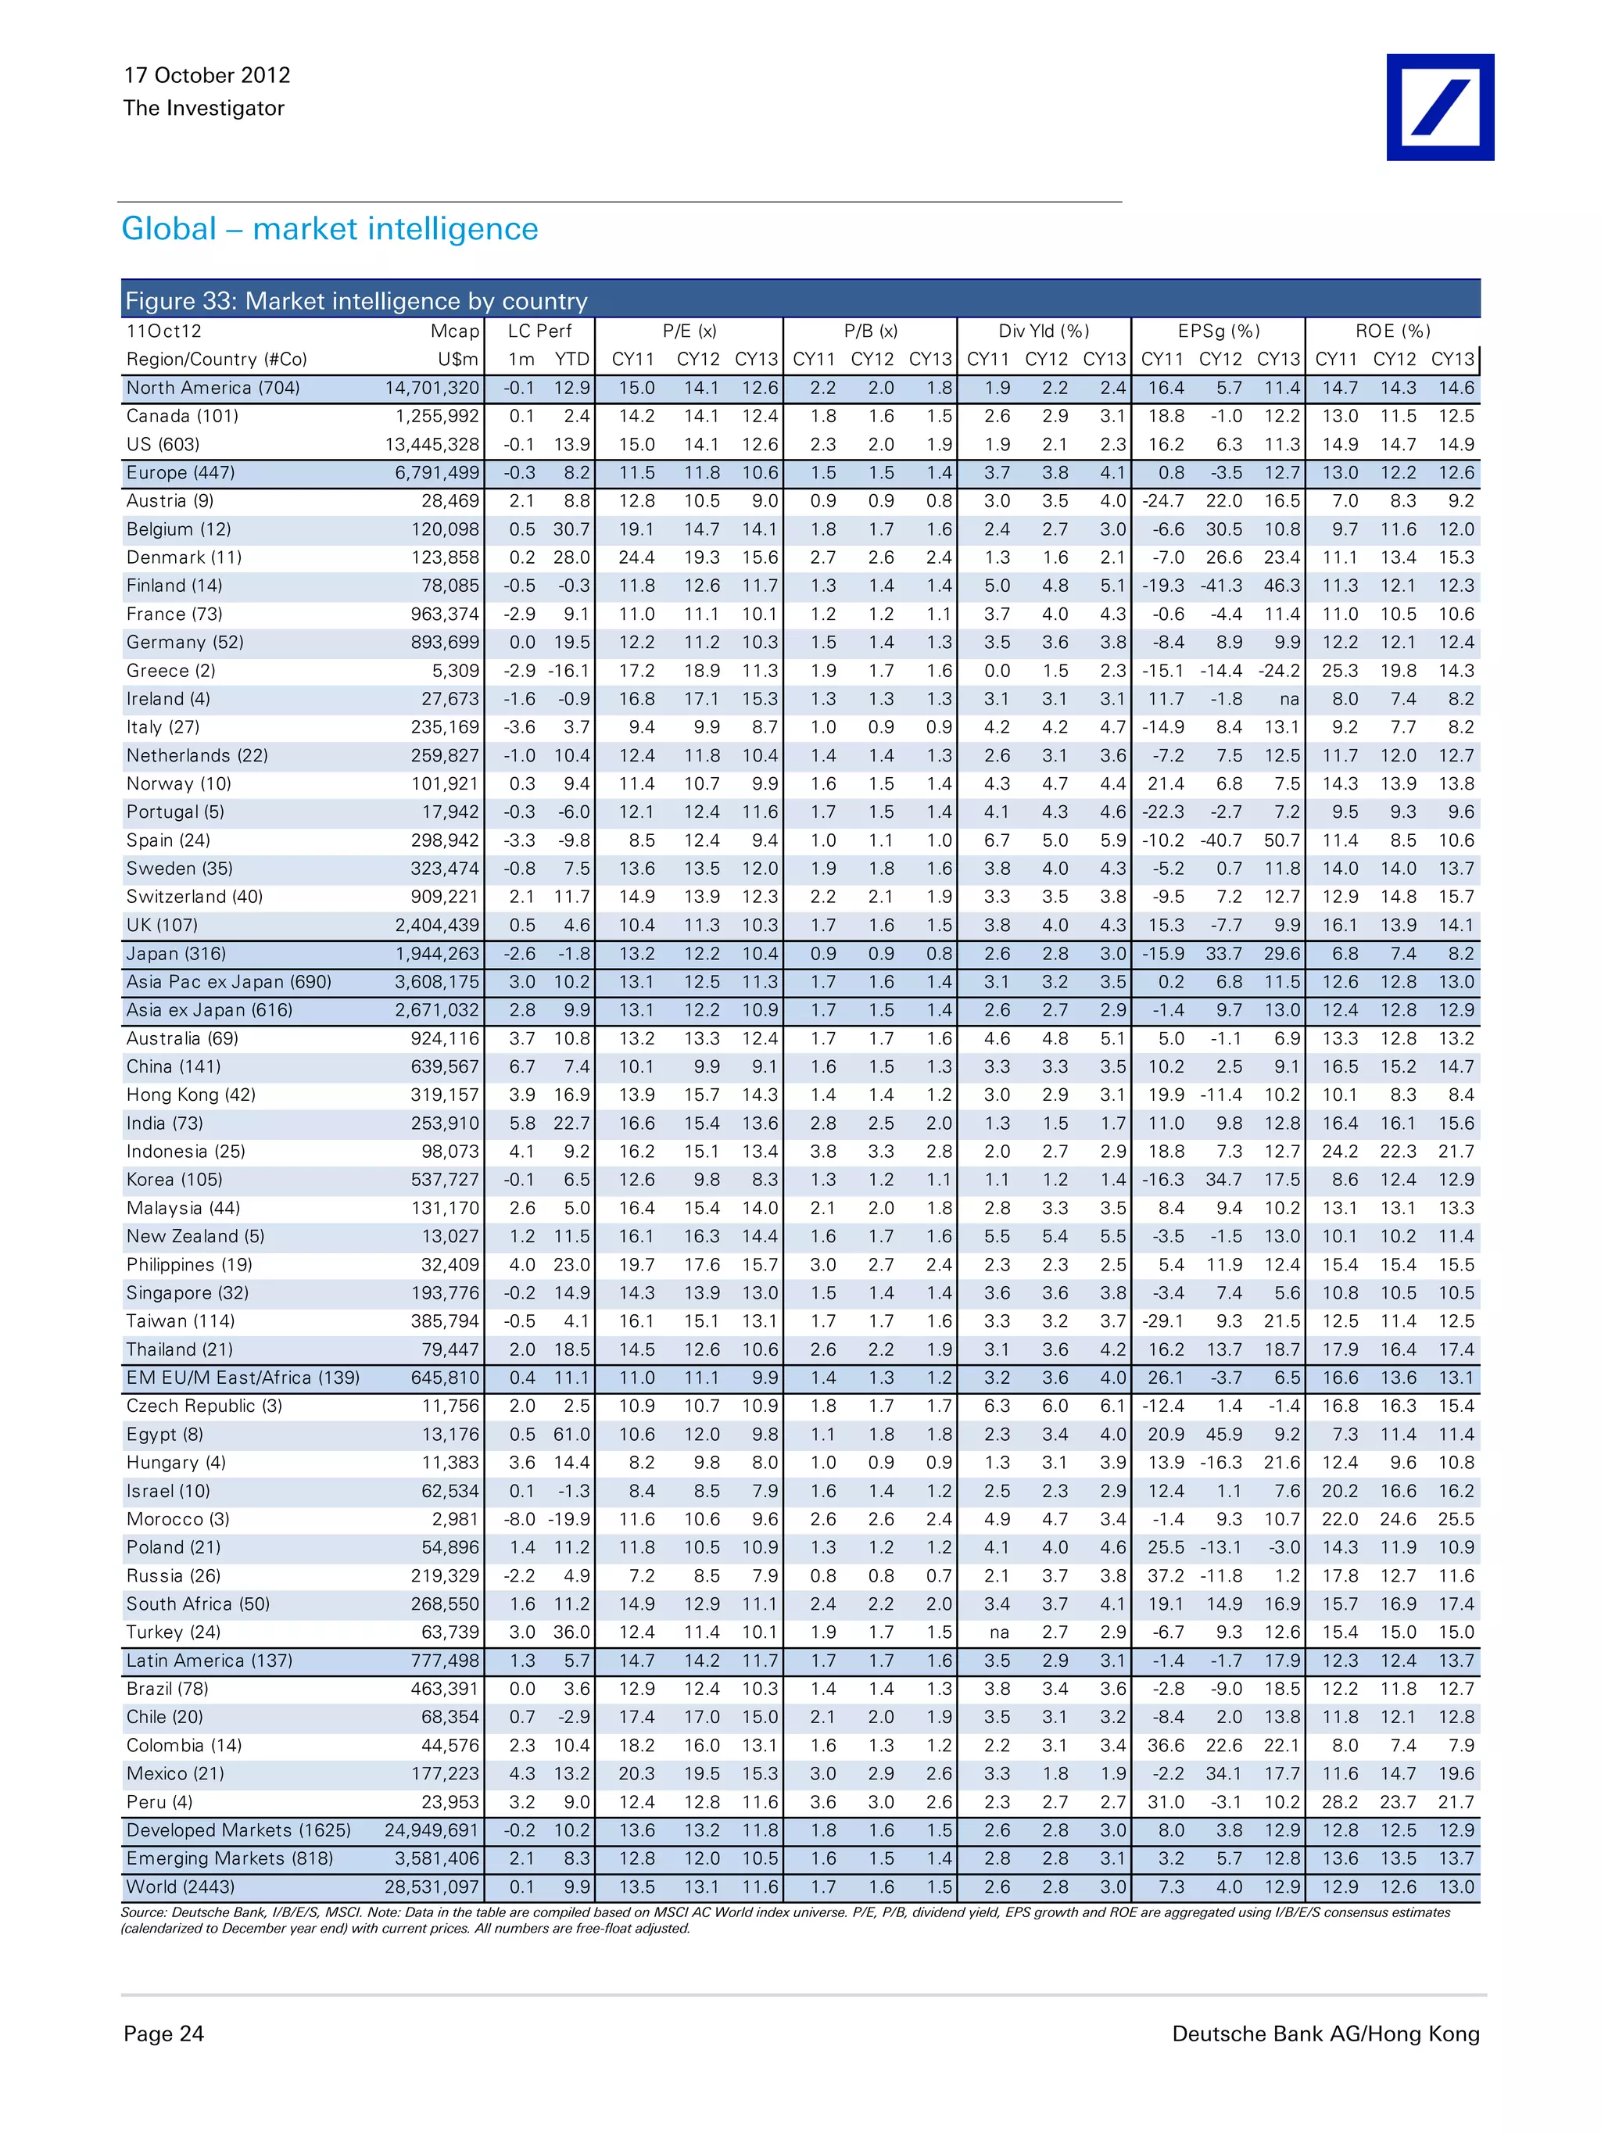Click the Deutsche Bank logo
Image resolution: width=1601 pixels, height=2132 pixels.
coord(1439,107)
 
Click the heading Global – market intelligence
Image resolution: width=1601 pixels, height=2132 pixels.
coord(330,228)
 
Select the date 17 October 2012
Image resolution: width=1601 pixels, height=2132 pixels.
coord(206,75)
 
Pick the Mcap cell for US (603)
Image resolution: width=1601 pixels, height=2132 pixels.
coord(431,444)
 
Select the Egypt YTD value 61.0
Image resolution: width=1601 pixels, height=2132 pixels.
coord(571,1434)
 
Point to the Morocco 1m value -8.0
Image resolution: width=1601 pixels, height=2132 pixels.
coord(521,1519)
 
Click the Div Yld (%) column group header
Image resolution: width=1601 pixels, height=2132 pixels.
coord(1043,331)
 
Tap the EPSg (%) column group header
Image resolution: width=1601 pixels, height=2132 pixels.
coord(1219,331)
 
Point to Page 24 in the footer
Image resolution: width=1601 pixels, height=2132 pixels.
coord(164,2033)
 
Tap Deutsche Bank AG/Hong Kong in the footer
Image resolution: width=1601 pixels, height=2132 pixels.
coord(1325,2033)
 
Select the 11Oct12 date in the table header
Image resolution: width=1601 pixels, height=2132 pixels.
coord(164,331)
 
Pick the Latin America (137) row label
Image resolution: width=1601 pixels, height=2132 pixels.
coord(210,1661)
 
